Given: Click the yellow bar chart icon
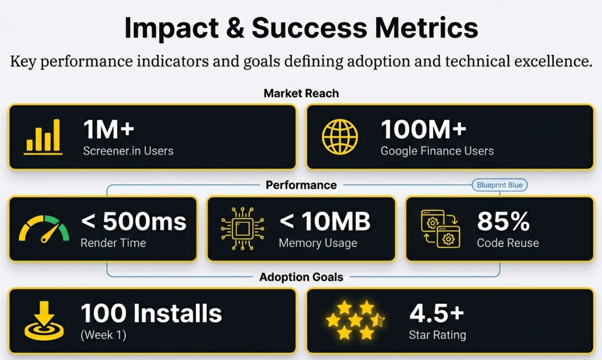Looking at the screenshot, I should pyautogui.click(x=43, y=137).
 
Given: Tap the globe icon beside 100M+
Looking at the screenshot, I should pyautogui.click(x=340, y=137).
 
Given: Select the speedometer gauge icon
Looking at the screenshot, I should pyautogui.click(x=44, y=229).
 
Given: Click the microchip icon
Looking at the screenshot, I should pyautogui.click(x=242, y=229).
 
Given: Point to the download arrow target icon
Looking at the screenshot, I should pyautogui.click(x=44, y=320).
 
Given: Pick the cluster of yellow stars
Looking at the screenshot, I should pyautogui.click(x=355, y=320).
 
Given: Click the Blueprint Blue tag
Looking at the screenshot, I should pyautogui.click(x=500, y=185).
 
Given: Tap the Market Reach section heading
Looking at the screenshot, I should pyautogui.click(x=301, y=93).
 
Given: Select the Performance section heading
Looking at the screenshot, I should pyautogui.click(x=301, y=185).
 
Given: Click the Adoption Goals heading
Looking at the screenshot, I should pyautogui.click(x=301, y=277).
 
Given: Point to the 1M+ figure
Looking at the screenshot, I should pyautogui.click(x=108, y=129).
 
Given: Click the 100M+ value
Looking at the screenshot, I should pyautogui.click(x=423, y=129).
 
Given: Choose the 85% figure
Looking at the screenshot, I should pyautogui.click(x=503, y=221).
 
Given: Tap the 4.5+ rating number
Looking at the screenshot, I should pyautogui.click(x=437, y=313).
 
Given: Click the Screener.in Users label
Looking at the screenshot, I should pyautogui.click(x=128, y=151).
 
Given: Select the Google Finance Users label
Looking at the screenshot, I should pyautogui.click(x=437, y=151).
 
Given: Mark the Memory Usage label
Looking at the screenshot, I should pyautogui.click(x=318, y=243).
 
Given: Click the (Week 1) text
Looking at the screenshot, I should pyautogui.click(x=103, y=335).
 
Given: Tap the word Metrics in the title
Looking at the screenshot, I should pyautogui.click(x=426, y=28).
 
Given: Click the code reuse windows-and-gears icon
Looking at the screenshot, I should pyautogui.click(x=440, y=229).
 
